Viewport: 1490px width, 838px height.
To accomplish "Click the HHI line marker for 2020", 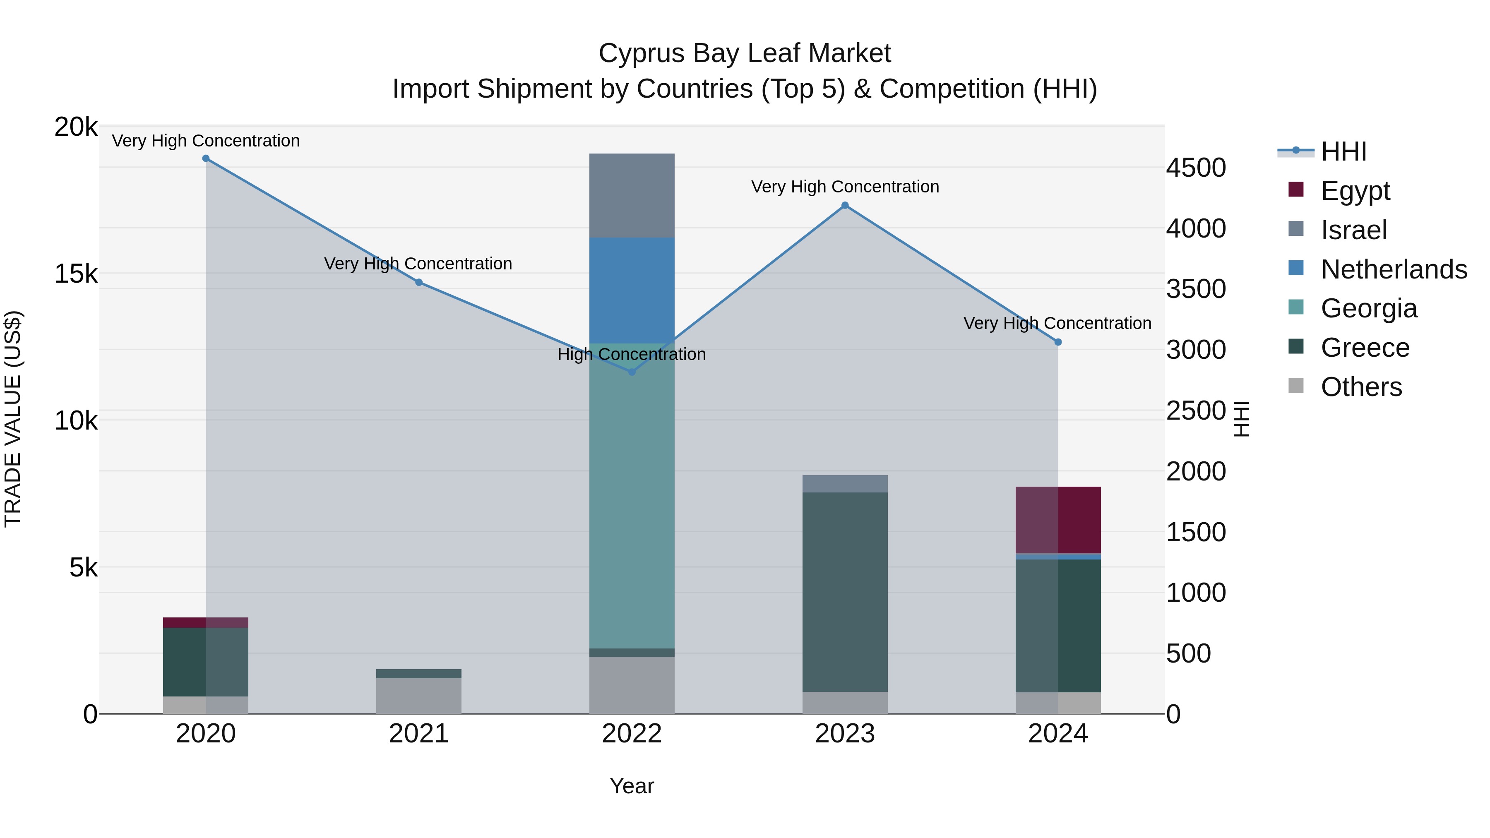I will [206, 158].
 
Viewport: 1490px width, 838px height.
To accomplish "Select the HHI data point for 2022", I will [632, 372].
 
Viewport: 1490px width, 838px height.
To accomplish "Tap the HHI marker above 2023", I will [844, 205].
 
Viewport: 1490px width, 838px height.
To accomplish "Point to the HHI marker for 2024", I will [1058, 342].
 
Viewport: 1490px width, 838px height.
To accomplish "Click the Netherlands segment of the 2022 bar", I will [632, 291].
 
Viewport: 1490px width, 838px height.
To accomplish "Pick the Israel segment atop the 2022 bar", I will [632, 195].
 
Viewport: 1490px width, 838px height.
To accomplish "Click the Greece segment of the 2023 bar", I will [844, 592].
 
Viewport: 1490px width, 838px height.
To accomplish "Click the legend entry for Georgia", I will [1369, 308].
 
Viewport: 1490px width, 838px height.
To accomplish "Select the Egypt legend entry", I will [1355, 190].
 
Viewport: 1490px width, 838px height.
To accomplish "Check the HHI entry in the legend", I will [1343, 151].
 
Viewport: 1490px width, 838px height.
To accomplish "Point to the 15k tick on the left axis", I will [76, 274].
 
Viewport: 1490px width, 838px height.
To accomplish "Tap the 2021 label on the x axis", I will [419, 734].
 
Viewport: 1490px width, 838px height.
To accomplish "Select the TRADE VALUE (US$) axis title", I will [13, 419].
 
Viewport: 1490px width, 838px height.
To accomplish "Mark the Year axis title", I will [632, 786].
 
